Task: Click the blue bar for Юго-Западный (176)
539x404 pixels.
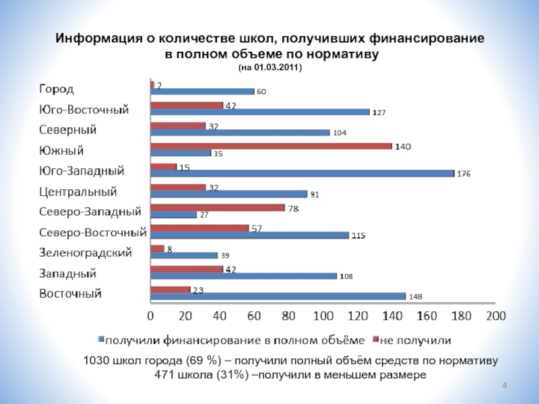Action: click(x=303, y=173)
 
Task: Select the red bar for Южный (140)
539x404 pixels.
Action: click(x=272, y=145)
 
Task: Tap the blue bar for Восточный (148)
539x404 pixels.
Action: click(x=278, y=296)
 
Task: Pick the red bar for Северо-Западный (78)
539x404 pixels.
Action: click(x=218, y=207)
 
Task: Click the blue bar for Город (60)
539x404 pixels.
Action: click(x=203, y=91)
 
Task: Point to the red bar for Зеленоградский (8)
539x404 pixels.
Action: click(x=158, y=248)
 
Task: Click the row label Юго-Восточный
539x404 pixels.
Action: click(x=84, y=109)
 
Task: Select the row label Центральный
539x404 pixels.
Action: click(x=78, y=192)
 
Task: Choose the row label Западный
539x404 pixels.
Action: click(x=67, y=274)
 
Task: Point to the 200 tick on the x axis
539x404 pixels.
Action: click(x=496, y=315)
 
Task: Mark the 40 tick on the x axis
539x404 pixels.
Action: click(x=220, y=315)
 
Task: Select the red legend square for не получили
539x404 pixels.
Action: click(x=377, y=339)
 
